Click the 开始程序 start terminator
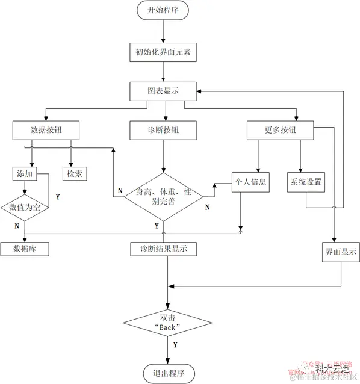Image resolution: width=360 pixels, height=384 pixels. pos(164,10)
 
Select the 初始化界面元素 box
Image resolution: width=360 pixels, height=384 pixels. pos(164,52)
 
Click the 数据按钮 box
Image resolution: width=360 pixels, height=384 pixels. pos(46,129)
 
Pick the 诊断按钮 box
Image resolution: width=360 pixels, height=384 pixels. pos(163,129)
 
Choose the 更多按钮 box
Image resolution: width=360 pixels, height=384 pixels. pos(281,129)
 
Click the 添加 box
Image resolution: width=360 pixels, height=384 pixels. pos(25,173)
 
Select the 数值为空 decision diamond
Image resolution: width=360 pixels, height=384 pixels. pos(25,206)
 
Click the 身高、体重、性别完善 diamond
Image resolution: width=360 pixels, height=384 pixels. pos(163,196)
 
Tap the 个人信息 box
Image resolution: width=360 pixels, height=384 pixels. pos(249,181)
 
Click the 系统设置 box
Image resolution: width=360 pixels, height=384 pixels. pos(306,181)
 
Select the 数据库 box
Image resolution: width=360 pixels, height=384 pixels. pos(25,248)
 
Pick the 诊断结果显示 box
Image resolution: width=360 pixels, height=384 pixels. pos(163,248)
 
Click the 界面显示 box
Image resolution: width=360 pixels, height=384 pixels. pos(341,252)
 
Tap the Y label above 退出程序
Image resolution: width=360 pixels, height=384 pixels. pos(175,345)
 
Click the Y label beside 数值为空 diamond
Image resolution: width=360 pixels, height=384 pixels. pos(58,197)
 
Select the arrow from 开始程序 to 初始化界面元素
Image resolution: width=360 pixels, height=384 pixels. pos(164,31)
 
